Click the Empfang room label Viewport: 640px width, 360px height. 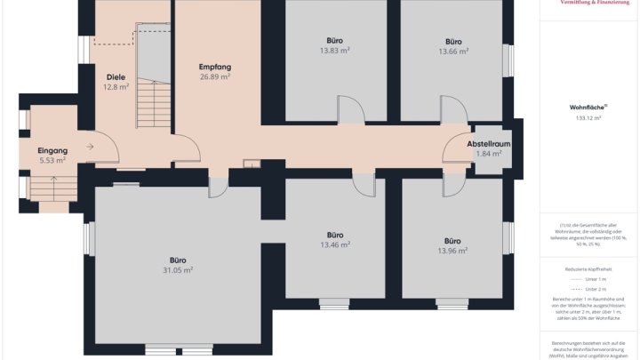215,67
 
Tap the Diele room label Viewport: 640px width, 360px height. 116,77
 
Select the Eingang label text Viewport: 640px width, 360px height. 52,150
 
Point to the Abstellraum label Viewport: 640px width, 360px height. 488,143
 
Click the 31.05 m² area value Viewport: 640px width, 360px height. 178,270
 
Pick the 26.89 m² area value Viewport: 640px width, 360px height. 215,77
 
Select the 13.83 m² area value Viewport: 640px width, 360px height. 334,52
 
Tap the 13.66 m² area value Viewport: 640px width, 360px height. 453,52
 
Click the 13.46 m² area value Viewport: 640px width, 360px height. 335,244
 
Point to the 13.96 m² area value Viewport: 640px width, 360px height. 452,251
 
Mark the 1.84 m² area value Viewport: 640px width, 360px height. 488,153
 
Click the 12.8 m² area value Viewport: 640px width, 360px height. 116,87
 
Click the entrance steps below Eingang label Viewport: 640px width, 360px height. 53,188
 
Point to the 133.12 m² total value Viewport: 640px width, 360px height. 588,117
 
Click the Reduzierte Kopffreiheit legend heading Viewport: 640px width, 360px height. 588,268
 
